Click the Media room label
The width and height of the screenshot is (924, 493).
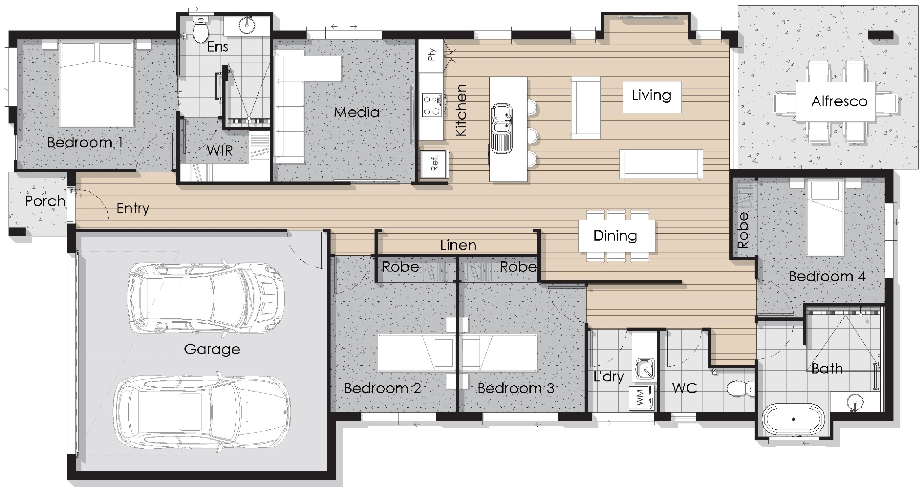point(356,112)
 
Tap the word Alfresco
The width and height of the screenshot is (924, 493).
point(839,101)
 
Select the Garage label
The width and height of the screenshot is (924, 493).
point(212,349)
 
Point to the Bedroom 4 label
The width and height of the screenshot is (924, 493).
point(827,277)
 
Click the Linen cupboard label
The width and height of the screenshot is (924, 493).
point(458,246)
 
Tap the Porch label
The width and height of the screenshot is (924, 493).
point(45,201)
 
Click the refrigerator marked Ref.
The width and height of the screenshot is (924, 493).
point(434,164)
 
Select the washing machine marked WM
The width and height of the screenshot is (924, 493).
point(642,398)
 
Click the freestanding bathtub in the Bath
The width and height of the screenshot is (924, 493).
point(793,420)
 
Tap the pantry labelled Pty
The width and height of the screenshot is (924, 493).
point(431,55)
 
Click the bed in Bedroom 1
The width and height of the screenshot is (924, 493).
point(96,84)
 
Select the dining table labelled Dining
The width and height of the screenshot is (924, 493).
point(616,236)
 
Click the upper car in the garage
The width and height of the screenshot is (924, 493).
point(206,298)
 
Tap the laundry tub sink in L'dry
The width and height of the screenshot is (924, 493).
point(645,368)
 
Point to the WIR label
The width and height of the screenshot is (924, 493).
point(220,151)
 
